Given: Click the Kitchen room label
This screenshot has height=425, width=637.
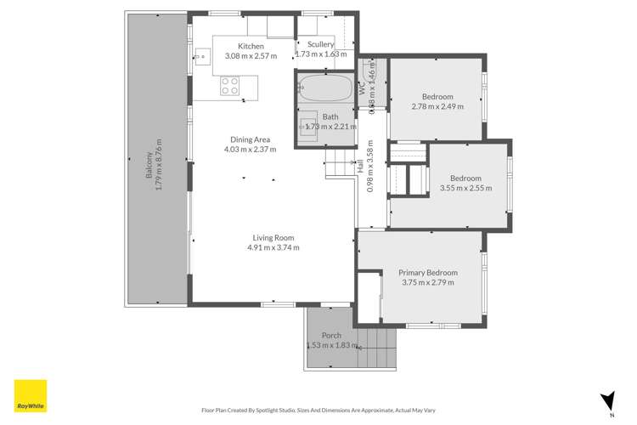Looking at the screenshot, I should (x=251, y=46).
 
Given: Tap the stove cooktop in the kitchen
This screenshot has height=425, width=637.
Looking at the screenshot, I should (x=229, y=85).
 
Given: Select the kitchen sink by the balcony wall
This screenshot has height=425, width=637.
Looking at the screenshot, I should (x=202, y=59).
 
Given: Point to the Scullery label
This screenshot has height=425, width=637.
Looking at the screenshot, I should (x=320, y=44).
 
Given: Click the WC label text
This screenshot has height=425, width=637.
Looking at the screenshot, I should (x=362, y=88).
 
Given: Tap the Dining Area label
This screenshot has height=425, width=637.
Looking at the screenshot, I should (x=251, y=139).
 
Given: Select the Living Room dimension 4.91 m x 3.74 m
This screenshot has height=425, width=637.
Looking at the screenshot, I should (x=273, y=247).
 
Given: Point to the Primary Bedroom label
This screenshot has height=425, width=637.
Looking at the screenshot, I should (x=428, y=273).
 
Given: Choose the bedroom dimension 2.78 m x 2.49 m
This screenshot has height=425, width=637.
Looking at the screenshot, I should (x=437, y=106).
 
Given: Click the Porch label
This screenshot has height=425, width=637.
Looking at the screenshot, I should (x=330, y=336).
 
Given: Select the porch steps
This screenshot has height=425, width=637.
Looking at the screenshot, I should (x=376, y=348).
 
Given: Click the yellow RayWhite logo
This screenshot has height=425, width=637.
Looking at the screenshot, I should (x=30, y=395).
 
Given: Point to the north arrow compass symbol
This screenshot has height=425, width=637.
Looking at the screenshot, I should (x=606, y=400).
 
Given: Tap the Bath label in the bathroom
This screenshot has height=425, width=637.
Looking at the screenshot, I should (x=330, y=116).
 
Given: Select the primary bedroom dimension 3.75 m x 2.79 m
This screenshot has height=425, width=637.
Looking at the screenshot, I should (x=428, y=283).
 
